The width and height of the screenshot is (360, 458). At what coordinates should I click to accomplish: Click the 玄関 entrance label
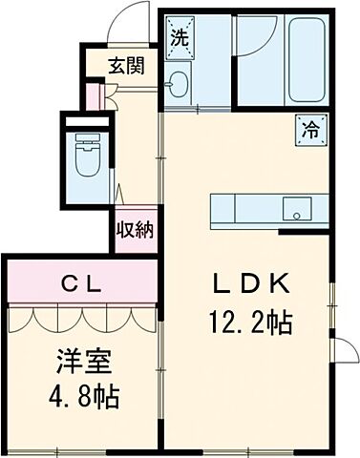point(125,66)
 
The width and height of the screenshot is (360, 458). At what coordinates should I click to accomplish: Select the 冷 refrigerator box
point(310,124)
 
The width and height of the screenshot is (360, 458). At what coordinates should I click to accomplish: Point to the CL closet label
point(80,282)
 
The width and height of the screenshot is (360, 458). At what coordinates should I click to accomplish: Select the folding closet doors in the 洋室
point(81,316)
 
